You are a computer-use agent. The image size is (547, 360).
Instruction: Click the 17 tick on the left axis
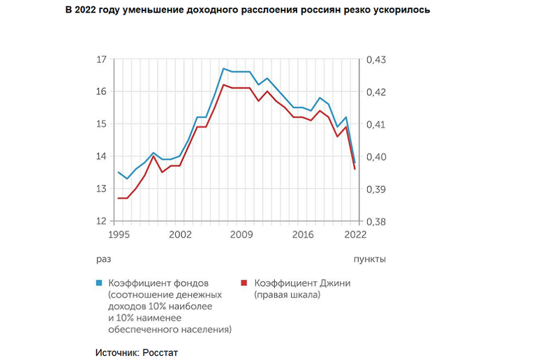tap(101, 60)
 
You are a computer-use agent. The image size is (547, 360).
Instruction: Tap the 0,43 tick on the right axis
tap(375, 60)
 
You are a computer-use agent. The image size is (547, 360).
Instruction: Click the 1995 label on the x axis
tap(119, 234)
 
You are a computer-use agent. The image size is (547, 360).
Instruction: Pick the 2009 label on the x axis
tap(241, 234)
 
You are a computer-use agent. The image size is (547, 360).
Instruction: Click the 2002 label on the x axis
tap(180, 234)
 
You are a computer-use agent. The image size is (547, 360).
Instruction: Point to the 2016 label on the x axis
tap(301, 234)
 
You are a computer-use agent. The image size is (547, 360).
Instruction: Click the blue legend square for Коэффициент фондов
tap(100, 283)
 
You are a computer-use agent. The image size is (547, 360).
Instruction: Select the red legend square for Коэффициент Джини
tap(244, 283)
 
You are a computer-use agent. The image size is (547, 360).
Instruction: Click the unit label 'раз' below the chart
tap(104, 259)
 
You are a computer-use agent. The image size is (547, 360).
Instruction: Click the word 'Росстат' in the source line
tap(160, 352)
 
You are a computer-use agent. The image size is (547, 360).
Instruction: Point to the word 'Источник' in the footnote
tap(116, 352)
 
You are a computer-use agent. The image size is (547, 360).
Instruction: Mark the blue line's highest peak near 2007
tap(223, 68)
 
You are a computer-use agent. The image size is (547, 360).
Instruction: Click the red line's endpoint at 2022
tap(354, 169)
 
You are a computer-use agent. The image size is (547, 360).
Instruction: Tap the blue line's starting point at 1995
tap(119, 172)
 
